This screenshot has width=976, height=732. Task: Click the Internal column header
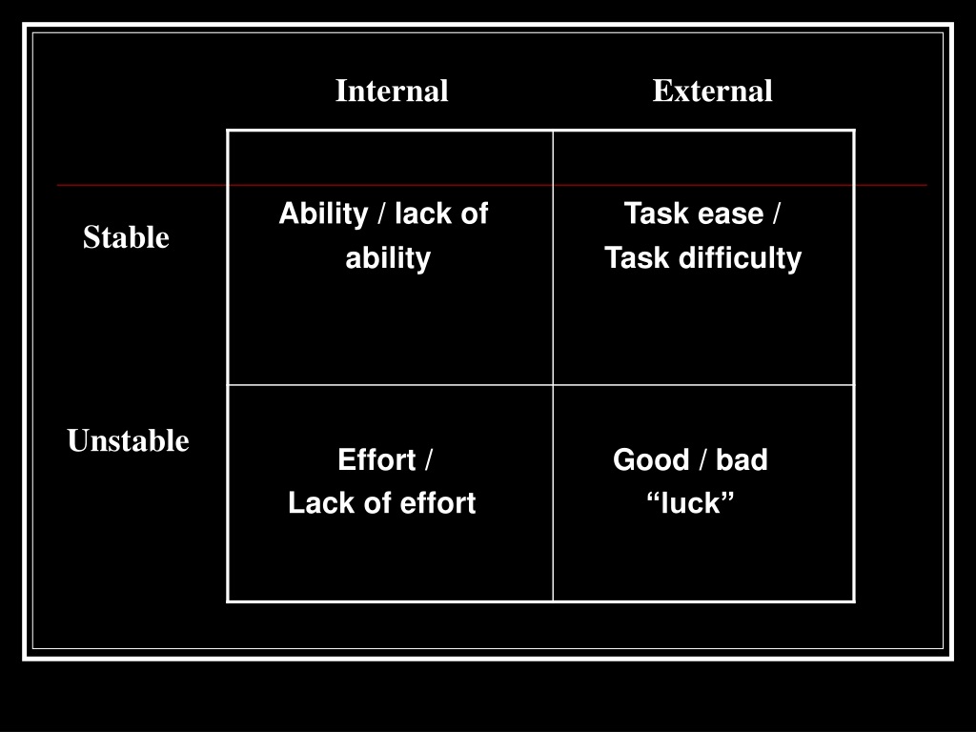click(392, 91)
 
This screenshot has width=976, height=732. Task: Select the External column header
click(712, 91)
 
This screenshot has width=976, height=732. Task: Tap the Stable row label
click(126, 237)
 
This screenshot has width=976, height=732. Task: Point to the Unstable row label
click(129, 440)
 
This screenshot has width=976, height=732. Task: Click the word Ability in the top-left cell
click(324, 214)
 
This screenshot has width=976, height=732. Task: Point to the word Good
click(651, 460)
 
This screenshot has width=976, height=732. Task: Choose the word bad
click(742, 460)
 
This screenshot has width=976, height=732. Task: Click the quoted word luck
click(690, 503)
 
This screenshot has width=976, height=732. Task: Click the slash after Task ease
click(776, 214)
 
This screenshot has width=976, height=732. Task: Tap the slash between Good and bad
click(702, 460)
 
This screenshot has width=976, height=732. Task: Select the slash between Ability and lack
click(381, 214)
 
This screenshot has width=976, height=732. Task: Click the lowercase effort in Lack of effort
click(437, 503)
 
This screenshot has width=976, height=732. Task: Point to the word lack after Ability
click(420, 214)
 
